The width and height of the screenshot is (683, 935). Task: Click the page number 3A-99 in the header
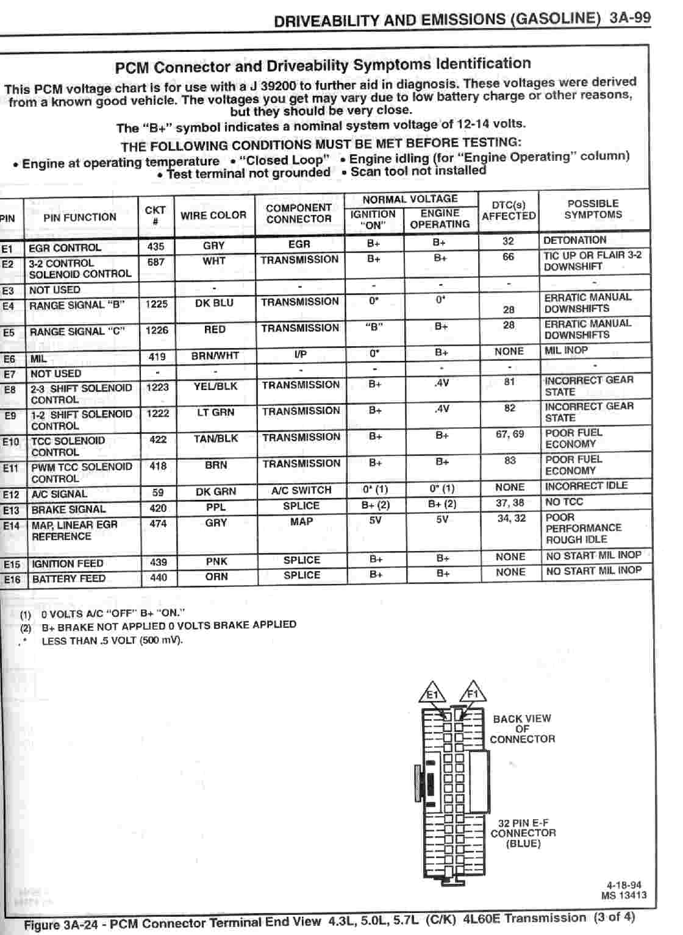630,17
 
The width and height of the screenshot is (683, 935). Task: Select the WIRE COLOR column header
213,215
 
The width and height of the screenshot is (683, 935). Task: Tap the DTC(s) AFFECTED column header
509,210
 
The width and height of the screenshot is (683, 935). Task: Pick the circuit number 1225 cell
157,304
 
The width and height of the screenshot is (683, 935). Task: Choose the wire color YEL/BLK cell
215,386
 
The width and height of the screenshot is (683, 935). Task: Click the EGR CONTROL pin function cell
65,247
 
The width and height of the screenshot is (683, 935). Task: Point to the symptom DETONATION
574,240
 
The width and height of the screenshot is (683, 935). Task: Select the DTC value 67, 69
510,434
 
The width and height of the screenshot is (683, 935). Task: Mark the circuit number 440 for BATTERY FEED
158,577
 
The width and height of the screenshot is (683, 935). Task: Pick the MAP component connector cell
301,522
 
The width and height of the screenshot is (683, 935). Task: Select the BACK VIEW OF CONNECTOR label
522,728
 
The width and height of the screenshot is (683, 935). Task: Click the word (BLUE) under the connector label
523,844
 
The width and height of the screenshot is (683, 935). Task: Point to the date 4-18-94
624,886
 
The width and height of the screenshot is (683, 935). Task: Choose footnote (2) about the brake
159,625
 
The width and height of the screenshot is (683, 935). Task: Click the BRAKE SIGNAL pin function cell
68,509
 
